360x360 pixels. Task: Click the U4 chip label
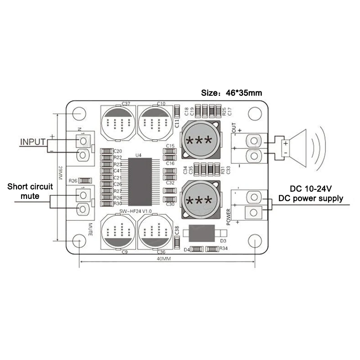(x=138, y=155)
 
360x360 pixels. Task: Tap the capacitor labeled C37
(x=118, y=123)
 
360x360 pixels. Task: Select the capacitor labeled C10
(x=155, y=123)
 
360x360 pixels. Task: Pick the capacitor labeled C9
(x=117, y=231)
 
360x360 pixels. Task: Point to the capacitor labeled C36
(x=155, y=231)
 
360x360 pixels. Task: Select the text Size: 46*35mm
(x=231, y=93)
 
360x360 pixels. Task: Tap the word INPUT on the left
(x=33, y=142)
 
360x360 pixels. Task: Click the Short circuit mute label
(x=30, y=191)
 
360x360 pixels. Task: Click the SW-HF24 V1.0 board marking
(x=136, y=211)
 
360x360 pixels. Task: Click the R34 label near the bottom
(x=224, y=248)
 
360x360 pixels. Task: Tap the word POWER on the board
(x=229, y=216)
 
